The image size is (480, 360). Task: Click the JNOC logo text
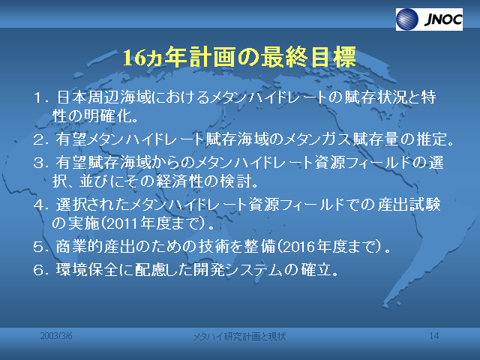443,19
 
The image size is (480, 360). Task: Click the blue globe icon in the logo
407,19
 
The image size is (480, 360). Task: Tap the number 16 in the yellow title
134,58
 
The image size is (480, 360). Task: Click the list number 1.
37,98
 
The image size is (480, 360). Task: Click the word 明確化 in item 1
108,116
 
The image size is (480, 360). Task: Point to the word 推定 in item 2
431,139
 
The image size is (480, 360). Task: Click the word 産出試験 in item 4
409,205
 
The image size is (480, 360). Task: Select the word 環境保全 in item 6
87,270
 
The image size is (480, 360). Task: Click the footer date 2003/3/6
56,336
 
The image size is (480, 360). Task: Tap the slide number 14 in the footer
434,336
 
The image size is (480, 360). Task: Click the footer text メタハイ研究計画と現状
239,337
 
